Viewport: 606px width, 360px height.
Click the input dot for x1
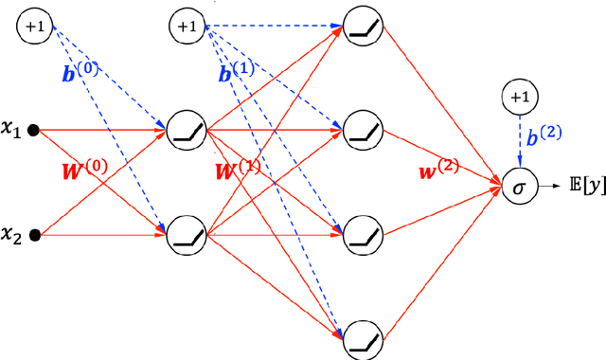(x=35, y=132)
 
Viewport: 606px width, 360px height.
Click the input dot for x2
(x=35, y=234)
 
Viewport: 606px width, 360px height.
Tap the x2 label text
(x=14, y=234)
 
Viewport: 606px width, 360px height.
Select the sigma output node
(x=517, y=189)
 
